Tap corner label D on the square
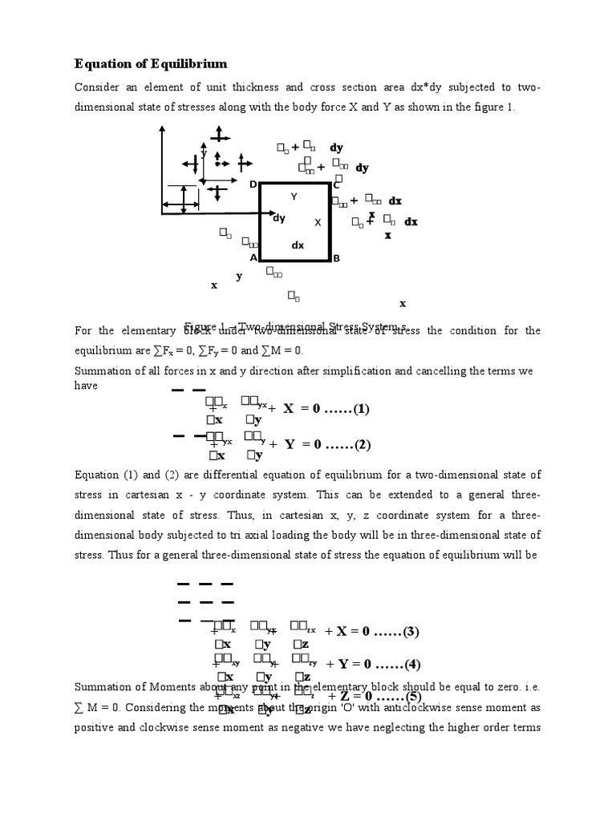(253, 185)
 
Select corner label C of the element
(337, 185)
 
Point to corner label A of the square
(253, 258)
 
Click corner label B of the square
(337, 258)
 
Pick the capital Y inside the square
(294, 196)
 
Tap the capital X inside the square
(318, 222)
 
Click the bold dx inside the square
(298, 246)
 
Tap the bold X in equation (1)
(289, 409)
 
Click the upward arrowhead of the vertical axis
(163, 133)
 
